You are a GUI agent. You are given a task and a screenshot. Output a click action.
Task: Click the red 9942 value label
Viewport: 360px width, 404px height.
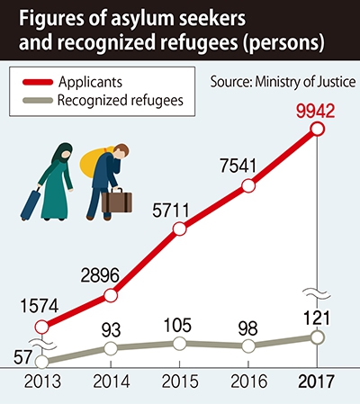[x=315, y=111]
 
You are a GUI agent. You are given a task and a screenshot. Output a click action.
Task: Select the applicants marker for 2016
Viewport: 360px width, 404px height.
[x=248, y=186]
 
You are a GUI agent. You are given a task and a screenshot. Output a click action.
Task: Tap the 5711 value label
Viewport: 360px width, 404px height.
[x=171, y=211]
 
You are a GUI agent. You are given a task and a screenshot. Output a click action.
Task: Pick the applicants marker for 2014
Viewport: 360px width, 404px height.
[x=111, y=296]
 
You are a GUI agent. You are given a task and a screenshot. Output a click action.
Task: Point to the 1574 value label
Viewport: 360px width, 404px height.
[x=40, y=307]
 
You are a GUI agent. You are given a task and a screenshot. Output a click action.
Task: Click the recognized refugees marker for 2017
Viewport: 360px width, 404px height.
[x=318, y=337]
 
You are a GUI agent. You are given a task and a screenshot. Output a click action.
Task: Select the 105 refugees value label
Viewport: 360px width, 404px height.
[x=177, y=325]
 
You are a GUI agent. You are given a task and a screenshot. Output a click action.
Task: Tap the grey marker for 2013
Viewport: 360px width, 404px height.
[x=41, y=362]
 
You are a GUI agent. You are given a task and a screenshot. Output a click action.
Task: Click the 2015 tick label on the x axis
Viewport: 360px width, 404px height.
[x=180, y=382]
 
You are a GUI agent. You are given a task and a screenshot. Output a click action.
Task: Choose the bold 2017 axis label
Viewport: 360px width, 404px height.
[x=316, y=382]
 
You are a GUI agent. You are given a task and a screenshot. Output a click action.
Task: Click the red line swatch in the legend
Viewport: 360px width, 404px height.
[x=38, y=82]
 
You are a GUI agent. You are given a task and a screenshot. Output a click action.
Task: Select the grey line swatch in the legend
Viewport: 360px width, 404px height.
[x=38, y=100]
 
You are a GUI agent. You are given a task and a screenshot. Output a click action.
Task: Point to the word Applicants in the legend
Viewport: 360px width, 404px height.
[x=90, y=82]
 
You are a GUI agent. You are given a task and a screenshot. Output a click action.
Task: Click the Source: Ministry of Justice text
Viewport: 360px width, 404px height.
[x=283, y=82]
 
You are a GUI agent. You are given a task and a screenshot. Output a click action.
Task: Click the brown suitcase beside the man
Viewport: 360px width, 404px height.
[x=117, y=201]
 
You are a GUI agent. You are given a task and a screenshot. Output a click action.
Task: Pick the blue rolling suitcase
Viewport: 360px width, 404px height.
[x=31, y=204]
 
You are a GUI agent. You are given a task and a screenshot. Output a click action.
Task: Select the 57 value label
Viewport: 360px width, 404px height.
[x=23, y=357]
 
